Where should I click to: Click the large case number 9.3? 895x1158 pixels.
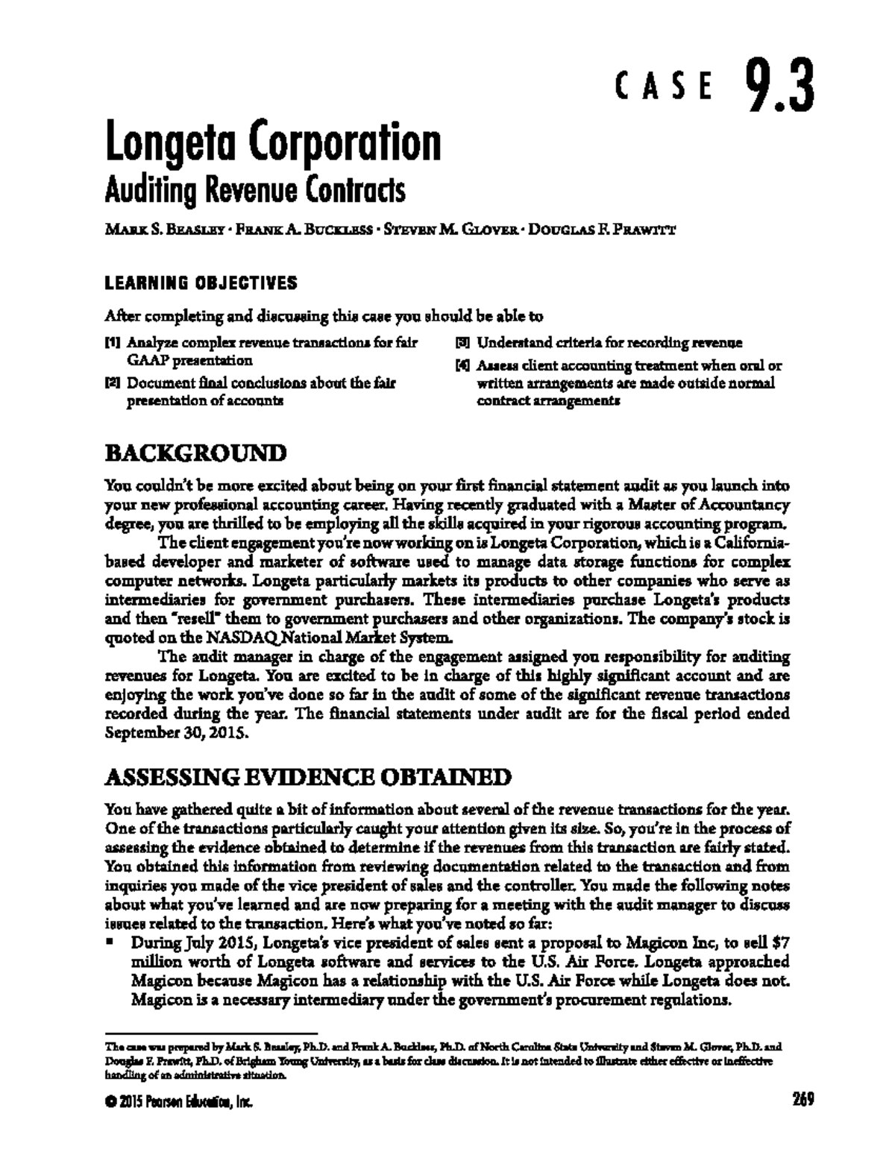click(777, 87)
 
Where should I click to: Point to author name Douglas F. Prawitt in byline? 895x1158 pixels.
click(602, 230)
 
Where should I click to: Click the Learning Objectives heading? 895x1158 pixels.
click(201, 283)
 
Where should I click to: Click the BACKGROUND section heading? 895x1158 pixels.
click(195, 453)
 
